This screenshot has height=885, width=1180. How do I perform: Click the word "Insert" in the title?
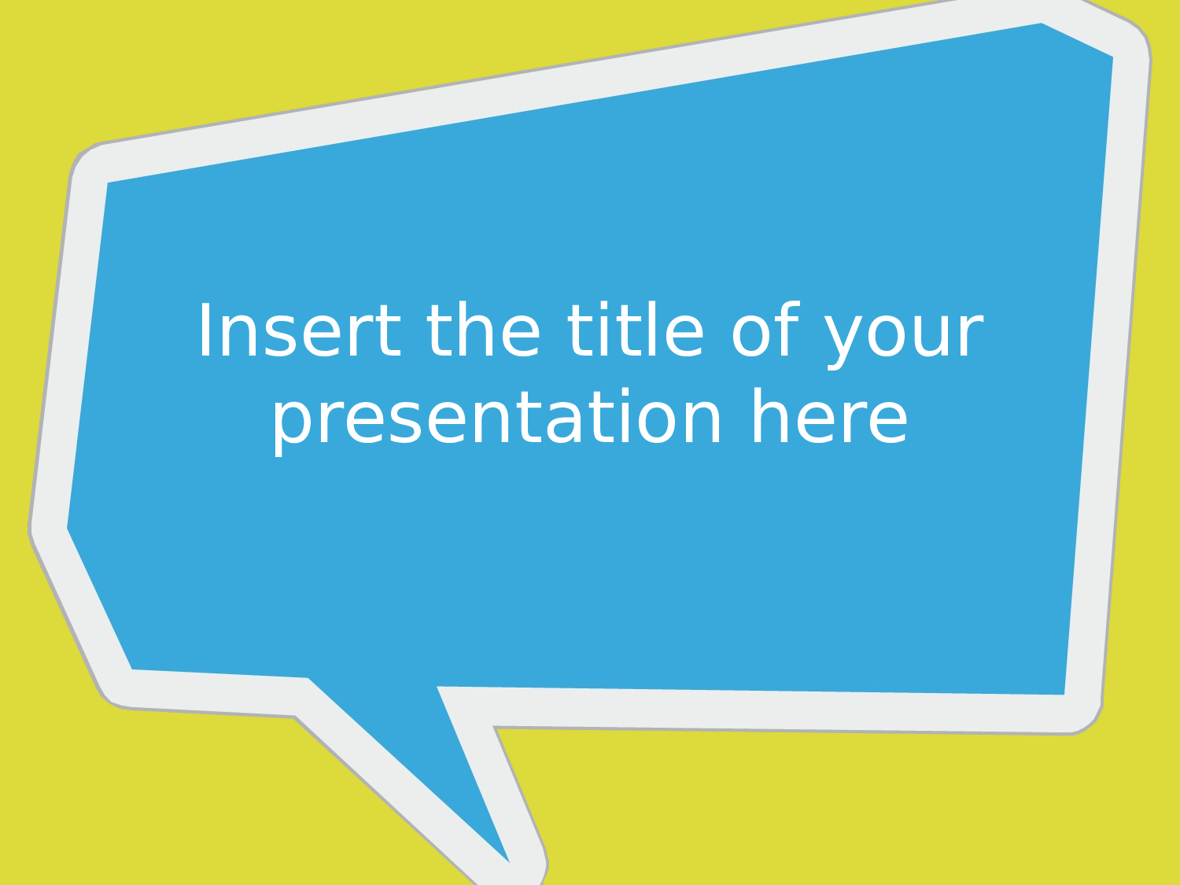click(x=300, y=330)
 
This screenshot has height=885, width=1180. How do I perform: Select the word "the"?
click(x=483, y=329)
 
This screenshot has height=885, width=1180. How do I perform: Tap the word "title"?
click(x=636, y=329)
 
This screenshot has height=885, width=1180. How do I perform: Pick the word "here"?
click(x=829, y=415)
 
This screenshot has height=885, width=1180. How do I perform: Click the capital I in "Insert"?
click(x=204, y=330)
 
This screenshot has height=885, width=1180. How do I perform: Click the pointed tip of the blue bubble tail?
click(x=508, y=862)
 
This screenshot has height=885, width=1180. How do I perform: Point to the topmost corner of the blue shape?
click(x=1042, y=24)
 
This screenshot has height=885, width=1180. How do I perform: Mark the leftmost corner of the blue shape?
click(x=67, y=528)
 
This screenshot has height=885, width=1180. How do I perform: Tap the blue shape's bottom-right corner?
click(x=1064, y=695)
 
